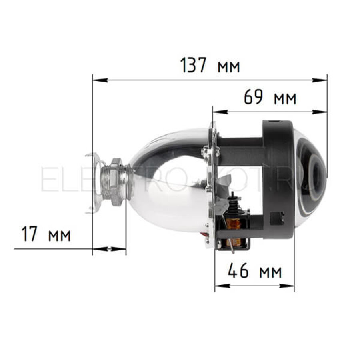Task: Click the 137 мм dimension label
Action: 210,65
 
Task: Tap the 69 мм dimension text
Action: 270,97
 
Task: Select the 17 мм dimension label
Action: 46,234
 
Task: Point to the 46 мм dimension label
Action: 255,270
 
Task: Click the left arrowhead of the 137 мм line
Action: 100,80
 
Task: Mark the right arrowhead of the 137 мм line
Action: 320,80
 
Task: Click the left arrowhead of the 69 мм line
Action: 220,112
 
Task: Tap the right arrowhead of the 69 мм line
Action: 320,112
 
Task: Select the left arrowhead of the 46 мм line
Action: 222,286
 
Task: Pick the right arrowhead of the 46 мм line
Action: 287,286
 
